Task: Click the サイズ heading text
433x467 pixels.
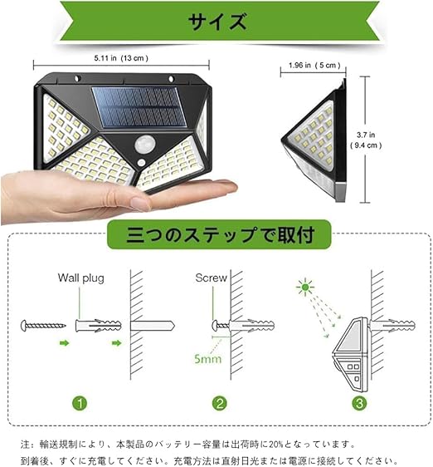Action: pyautogui.click(x=217, y=22)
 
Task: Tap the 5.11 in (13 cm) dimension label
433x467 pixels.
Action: pyautogui.click(x=121, y=58)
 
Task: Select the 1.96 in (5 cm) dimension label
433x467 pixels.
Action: pyautogui.click(x=314, y=65)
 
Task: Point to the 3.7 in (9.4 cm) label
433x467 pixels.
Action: pyautogui.click(x=366, y=140)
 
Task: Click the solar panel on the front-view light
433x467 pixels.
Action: pyautogui.click(x=139, y=107)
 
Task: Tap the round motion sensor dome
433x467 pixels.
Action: pyautogui.click(x=144, y=145)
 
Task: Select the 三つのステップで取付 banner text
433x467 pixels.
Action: pyautogui.click(x=220, y=234)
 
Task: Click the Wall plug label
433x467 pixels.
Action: pyautogui.click(x=81, y=278)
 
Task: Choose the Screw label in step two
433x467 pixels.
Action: pyautogui.click(x=211, y=278)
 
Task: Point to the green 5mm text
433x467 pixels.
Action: pyautogui.click(x=208, y=359)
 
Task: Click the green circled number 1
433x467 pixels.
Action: pyautogui.click(x=80, y=404)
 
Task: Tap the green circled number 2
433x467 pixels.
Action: pyautogui.click(x=220, y=404)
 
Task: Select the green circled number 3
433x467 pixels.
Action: pyautogui.click(x=359, y=404)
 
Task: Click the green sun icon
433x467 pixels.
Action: pyautogui.click(x=305, y=288)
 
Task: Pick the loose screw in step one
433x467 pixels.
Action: pyautogui.click(x=43, y=326)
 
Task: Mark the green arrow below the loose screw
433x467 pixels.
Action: pyautogui.click(x=64, y=343)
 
